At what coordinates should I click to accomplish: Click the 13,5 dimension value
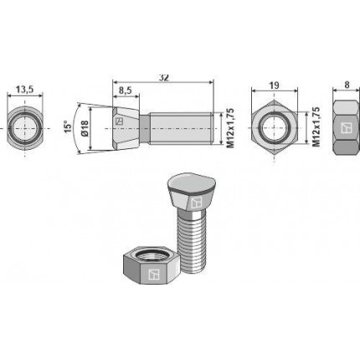[x=25, y=90]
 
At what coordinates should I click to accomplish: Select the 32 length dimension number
[x=164, y=78]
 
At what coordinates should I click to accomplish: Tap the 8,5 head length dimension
[x=126, y=90]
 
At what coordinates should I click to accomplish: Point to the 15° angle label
[x=68, y=126]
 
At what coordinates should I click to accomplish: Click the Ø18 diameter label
[x=85, y=128]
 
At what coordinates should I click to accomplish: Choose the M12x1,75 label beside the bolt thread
[x=229, y=128]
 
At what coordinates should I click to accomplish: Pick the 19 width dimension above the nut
[x=275, y=85]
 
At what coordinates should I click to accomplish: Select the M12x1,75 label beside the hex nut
[x=316, y=126]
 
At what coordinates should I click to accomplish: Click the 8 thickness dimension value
[x=347, y=85]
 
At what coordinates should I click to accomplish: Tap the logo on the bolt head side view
[x=120, y=121]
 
